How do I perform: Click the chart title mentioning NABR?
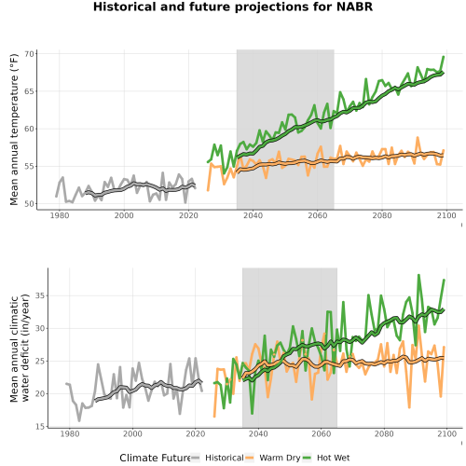233,7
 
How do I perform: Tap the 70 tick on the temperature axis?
29,54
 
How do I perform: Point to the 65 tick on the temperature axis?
29,91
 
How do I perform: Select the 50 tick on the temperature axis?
29,204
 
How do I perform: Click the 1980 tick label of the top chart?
60,215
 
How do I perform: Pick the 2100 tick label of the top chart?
446,215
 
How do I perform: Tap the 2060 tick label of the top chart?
318,215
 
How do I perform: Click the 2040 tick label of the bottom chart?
258,433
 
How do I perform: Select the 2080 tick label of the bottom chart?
384,433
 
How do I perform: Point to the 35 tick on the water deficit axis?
40,295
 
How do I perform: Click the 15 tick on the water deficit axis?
40,427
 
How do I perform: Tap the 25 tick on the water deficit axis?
40,361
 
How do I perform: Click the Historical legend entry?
217,458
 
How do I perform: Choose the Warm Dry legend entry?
273,458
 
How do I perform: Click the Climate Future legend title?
155,458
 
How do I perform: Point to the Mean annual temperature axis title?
14,130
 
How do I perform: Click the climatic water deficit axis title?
20,349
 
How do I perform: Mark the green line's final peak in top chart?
444,57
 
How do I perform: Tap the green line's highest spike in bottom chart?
418,275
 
